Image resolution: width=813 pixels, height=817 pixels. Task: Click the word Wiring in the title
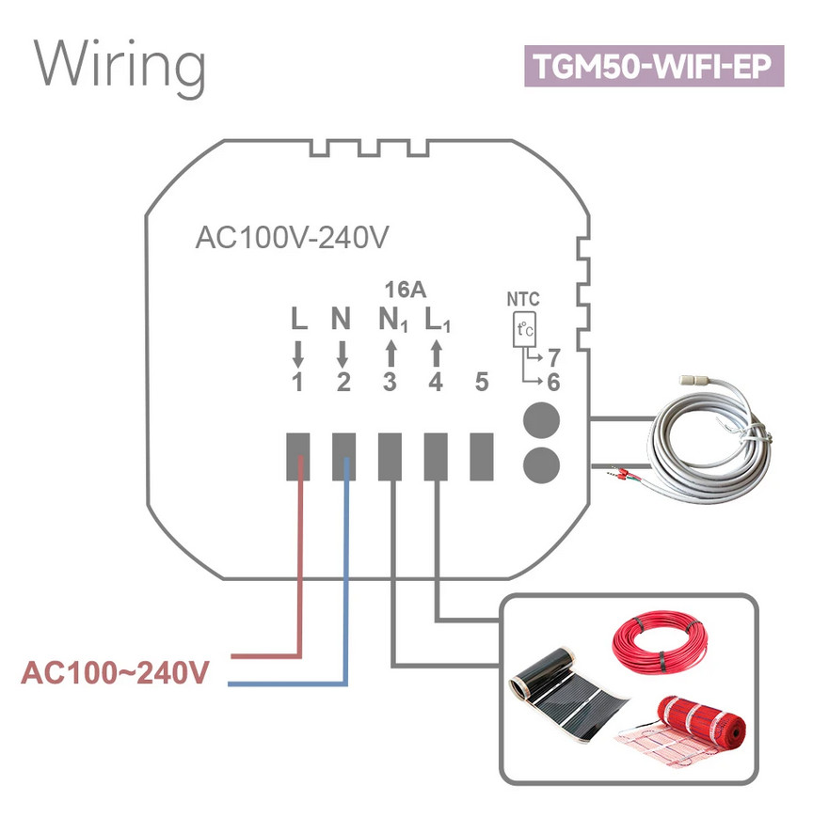coord(120,66)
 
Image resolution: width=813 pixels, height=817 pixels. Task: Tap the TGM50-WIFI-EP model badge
coord(653,67)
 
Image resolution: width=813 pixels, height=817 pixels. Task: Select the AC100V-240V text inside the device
coord(292,238)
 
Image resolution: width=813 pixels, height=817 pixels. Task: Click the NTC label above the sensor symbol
coord(523,300)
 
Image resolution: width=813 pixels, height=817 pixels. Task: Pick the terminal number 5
coord(482,383)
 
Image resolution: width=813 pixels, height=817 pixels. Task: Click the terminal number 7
coord(553,358)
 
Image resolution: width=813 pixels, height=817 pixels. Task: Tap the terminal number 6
coord(553,383)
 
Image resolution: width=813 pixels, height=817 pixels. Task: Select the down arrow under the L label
coord(298,353)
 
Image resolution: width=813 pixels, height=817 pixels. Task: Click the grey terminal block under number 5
coord(482,456)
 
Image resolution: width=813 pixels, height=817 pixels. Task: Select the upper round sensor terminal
coord(538,418)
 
